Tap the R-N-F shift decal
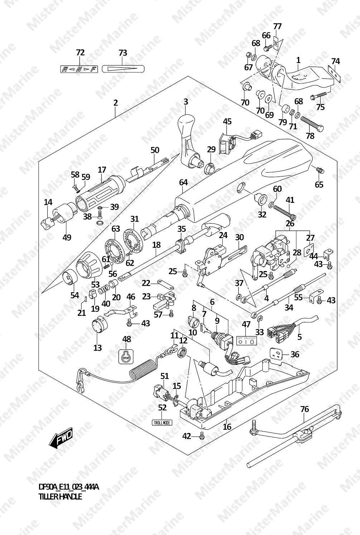click(79, 69)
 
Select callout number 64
click(183, 182)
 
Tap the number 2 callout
click(115, 103)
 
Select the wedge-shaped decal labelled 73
click(123, 69)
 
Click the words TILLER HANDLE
click(60, 497)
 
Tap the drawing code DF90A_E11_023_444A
click(68, 487)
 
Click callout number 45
click(227, 121)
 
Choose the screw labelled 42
click(202, 436)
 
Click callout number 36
click(294, 354)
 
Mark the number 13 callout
click(97, 347)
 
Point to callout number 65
click(319, 184)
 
